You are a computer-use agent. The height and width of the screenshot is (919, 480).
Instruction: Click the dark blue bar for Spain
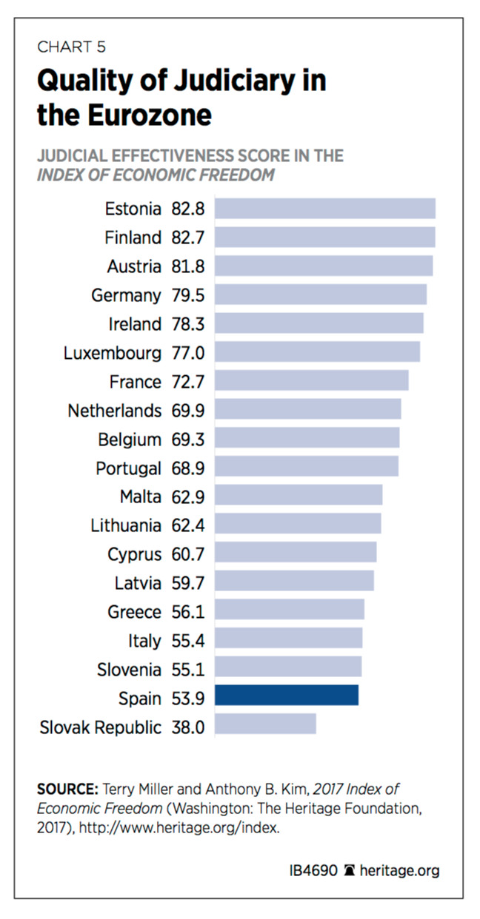click(x=287, y=696)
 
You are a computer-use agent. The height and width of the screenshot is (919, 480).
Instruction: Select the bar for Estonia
click(x=324, y=209)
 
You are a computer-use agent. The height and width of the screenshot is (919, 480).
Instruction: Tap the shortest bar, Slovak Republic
click(x=265, y=724)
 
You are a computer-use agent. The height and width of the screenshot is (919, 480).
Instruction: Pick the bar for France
click(x=311, y=381)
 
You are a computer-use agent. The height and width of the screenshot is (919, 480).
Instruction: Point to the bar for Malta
click(x=299, y=496)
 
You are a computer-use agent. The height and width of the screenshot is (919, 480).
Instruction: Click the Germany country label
click(x=126, y=295)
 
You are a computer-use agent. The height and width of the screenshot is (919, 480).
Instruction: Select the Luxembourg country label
click(x=112, y=353)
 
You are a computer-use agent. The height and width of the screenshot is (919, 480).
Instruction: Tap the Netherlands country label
click(x=114, y=410)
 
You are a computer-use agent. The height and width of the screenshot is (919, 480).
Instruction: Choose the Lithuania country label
click(x=125, y=525)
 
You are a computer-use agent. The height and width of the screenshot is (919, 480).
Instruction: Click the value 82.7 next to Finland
click(x=188, y=238)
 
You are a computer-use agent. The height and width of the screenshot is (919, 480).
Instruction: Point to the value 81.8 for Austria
click(x=188, y=266)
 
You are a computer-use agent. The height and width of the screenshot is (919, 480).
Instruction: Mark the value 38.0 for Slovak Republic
click(x=188, y=727)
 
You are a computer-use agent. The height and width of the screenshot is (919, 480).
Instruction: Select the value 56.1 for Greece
click(x=188, y=612)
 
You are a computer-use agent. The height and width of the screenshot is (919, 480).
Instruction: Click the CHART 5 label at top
click(x=71, y=47)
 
